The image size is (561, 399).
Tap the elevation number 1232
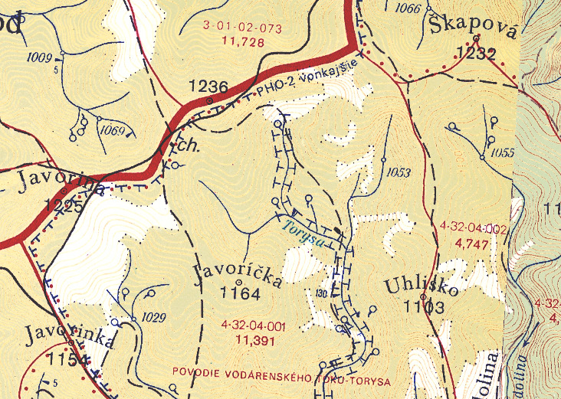pos(475,53)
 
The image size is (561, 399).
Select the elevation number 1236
pos(208,87)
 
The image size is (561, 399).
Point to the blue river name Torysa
pos(302,231)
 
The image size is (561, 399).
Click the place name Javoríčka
pos(238,275)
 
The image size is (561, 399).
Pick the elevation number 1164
pos(240,293)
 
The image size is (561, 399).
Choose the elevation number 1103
pos(424,308)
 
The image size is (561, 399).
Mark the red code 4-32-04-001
pos(252,326)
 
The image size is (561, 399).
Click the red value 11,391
pos(255,340)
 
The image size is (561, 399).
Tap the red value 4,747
pos(471,244)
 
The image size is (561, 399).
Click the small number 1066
pos(408,9)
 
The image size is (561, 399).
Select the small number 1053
pos(399,172)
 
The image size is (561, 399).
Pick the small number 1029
pos(154,316)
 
